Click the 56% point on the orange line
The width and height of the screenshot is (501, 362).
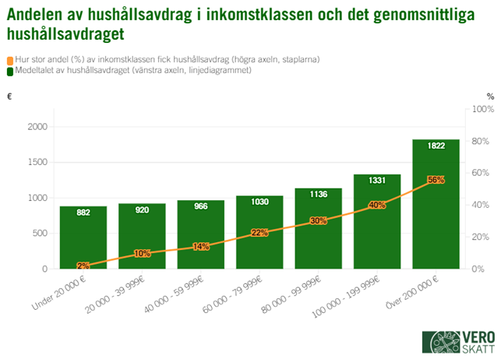436,180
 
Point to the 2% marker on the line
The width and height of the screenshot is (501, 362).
83,265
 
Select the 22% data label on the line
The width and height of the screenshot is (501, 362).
259,233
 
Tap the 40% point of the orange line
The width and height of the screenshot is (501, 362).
377,205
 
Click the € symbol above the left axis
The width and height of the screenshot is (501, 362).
9,97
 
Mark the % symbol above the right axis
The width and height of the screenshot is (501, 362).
490,97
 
